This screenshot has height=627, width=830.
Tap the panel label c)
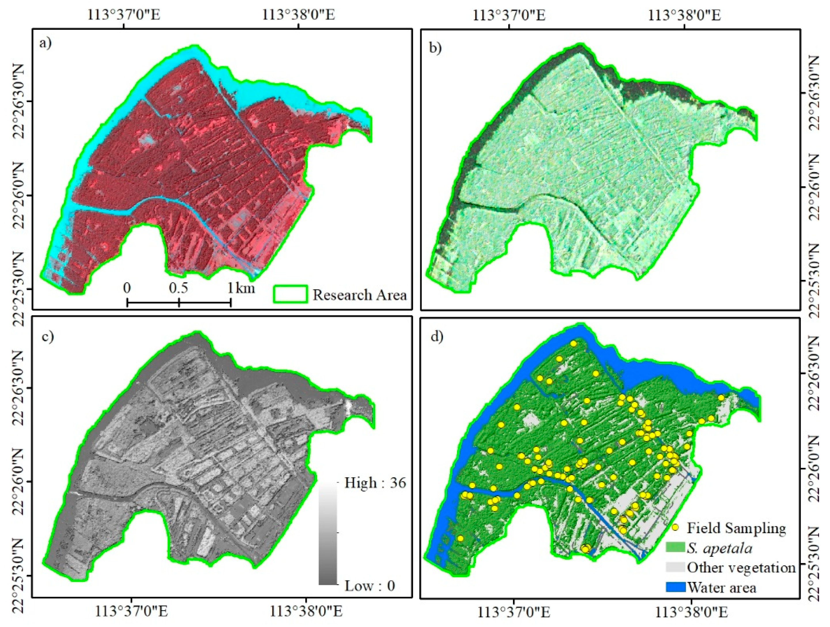(x=47, y=336)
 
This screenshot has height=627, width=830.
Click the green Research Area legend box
(x=291, y=294)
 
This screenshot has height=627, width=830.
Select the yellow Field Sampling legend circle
(x=675, y=527)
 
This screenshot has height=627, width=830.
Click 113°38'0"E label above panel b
(x=685, y=15)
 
